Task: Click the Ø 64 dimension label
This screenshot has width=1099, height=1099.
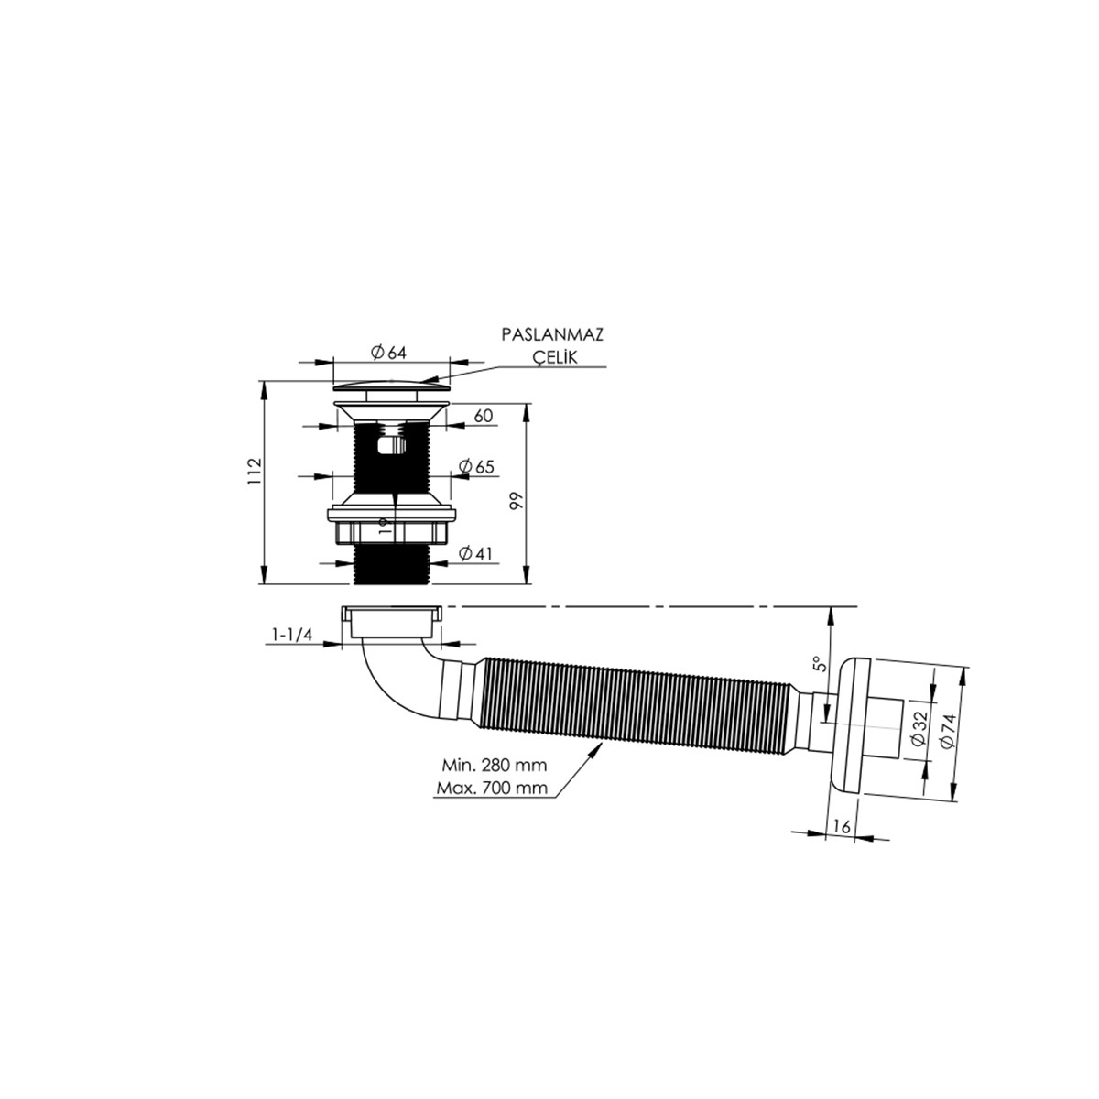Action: (x=388, y=353)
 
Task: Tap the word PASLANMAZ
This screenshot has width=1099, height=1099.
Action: (x=552, y=335)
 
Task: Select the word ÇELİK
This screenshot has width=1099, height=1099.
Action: (x=555, y=356)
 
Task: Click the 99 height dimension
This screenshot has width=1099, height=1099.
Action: (x=517, y=501)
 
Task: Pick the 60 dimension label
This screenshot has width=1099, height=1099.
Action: (x=483, y=416)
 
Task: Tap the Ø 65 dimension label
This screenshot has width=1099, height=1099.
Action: (x=476, y=466)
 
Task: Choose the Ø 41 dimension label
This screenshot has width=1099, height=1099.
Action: (x=475, y=553)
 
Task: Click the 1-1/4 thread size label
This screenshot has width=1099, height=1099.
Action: (x=292, y=635)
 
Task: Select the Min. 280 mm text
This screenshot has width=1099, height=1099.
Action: (x=494, y=765)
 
